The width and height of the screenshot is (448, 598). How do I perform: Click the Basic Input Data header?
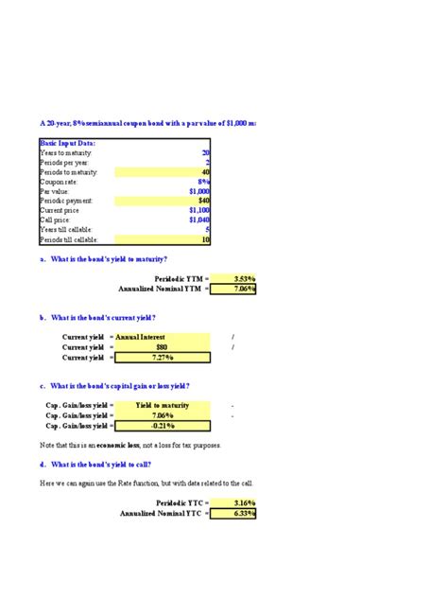(x=68, y=143)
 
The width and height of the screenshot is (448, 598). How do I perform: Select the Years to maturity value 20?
(x=205, y=152)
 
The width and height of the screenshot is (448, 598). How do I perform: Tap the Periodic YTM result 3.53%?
(x=244, y=279)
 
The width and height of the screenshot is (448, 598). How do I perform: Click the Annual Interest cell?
(x=142, y=337)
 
